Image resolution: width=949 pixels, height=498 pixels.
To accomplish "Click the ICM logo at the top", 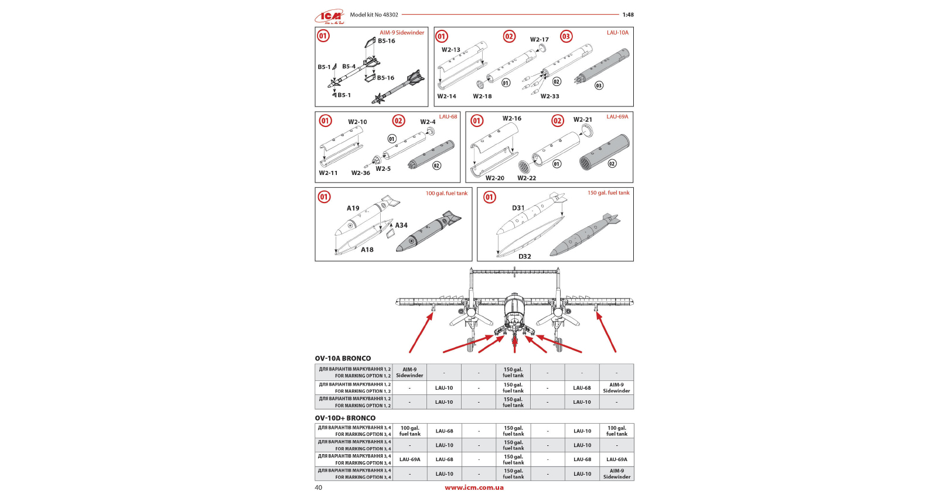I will tap(330, 16).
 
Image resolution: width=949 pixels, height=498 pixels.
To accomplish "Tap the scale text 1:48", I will tap(627, 15).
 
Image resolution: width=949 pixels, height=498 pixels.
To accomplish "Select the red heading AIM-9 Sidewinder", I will tap(401, 33).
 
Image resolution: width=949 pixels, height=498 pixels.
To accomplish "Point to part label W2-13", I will tap(450, 50).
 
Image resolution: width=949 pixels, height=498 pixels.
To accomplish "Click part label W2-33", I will tap(549, 97).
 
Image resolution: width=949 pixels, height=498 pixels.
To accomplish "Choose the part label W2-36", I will tap(360, 173).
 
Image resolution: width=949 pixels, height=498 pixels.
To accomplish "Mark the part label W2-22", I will tap(526, 178).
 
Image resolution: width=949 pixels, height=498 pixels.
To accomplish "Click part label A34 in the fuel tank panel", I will tap(401, 225).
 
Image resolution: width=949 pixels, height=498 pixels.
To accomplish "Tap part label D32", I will tap(524, 256).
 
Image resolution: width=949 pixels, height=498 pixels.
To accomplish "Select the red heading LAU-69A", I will tap(617, 117).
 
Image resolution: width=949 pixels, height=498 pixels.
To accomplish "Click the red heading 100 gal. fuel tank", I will tap(446, 194).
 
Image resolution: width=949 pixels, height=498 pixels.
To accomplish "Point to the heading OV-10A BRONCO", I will tap(343, 358).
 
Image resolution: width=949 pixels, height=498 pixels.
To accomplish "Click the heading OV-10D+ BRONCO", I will tap(345, 418).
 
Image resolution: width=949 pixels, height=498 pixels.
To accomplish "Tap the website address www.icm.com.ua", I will tap(474, 487).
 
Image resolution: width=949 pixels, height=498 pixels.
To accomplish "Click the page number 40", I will tap(318, 487).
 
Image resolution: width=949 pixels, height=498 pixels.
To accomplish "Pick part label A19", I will tap(353, 208).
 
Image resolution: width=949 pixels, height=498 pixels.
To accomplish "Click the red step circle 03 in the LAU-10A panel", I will tap(566, 36).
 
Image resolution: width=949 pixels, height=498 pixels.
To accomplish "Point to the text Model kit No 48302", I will tap(374, 15).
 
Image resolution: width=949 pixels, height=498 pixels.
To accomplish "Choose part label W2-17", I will tap(539, 40).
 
